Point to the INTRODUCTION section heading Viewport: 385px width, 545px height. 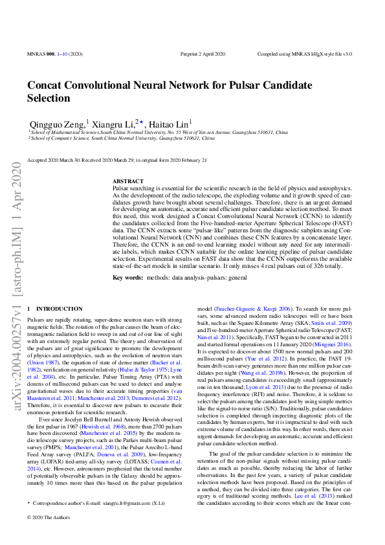coord(59,309)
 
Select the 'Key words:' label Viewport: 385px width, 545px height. coord(127,277)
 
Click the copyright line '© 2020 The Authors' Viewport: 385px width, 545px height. coord(49,535)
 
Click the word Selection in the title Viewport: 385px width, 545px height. coord(49,98)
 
